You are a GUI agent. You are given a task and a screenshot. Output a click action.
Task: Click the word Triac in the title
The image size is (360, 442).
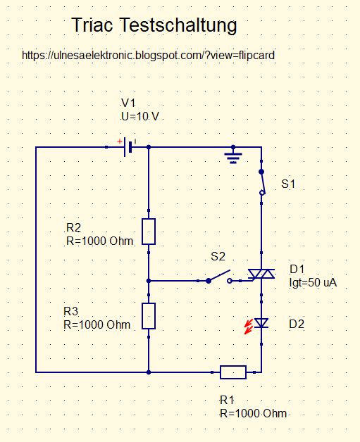point(92,25)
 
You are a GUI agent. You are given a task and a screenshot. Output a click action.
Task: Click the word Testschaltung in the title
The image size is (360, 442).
point(178,26)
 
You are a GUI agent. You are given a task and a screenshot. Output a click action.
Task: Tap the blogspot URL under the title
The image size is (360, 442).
point(148,55)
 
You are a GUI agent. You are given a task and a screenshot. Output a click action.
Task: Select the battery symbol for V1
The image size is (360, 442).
point(128,147)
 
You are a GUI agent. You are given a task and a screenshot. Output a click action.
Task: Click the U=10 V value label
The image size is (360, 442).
point(140,116)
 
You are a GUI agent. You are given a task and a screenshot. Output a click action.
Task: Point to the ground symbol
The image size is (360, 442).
point(233,157)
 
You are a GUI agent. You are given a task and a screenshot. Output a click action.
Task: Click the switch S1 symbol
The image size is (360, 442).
point(262,182)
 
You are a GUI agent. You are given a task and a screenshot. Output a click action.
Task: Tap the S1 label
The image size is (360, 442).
point(288,184)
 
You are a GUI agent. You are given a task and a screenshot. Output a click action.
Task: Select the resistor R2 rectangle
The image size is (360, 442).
point(149,232)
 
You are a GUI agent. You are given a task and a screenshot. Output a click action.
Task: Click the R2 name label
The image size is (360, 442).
point(74,227)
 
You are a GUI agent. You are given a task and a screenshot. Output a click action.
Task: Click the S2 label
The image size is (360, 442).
point(218,256)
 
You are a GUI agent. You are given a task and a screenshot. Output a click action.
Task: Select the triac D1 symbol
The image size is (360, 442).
point(261,274)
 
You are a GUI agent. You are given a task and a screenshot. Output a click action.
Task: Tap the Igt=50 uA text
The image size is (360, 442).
point(314,282)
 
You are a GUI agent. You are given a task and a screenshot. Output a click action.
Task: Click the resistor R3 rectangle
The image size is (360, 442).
point(149,316)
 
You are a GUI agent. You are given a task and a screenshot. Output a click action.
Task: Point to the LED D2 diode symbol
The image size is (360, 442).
point(261,323)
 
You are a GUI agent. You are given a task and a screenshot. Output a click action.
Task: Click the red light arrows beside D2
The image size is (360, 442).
point(248,327)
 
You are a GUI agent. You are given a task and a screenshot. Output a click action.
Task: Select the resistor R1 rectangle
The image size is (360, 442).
point(233,372)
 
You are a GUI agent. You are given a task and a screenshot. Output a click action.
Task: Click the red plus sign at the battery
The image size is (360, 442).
point(120,141)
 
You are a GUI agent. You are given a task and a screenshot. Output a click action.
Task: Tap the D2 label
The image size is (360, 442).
point(297,324)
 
